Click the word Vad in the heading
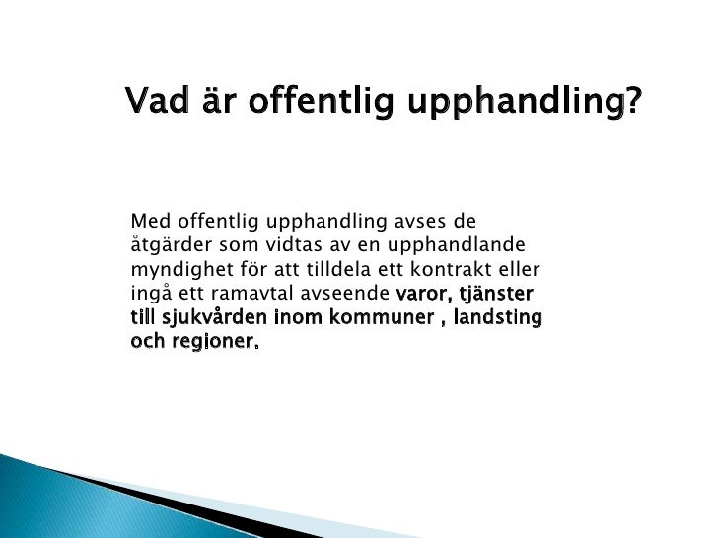(152, 100)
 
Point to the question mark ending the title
(632, 101)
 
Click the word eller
(521, 268)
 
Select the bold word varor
(425, 294)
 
